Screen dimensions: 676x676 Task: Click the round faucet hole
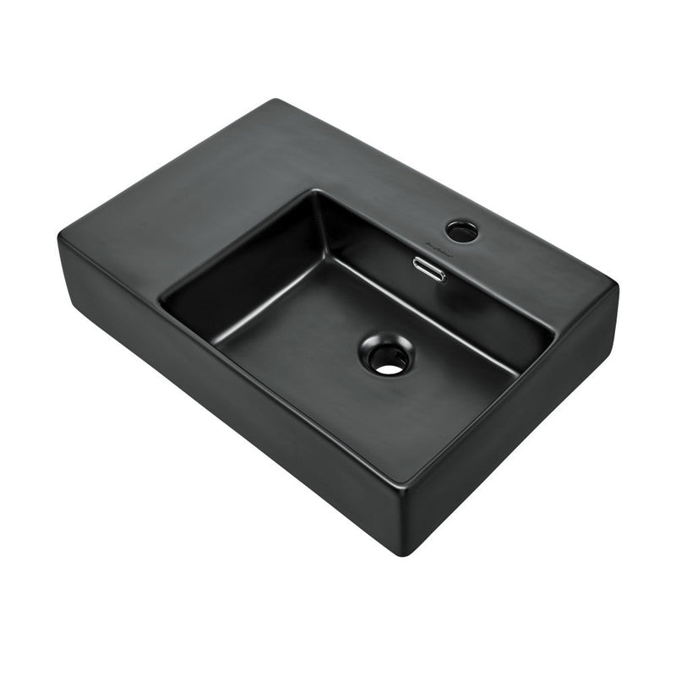pos(461,229)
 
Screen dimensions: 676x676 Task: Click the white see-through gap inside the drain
pos(389,367)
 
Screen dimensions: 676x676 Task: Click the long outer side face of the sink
pos(220,397)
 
